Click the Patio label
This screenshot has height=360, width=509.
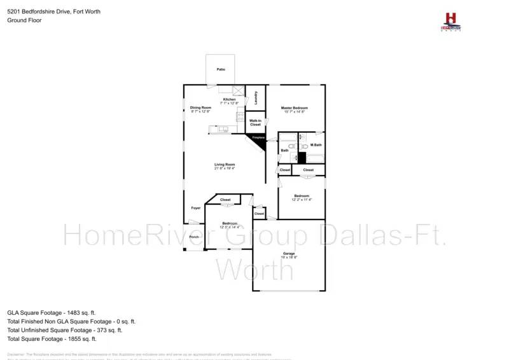coord(221,69)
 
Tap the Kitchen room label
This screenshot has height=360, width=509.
coord(229,99)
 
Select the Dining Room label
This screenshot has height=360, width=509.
coord(200,107)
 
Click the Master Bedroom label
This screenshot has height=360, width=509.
coord(295,108)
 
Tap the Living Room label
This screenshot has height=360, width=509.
coord(225,165)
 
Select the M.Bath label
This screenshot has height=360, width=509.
coord(316,145)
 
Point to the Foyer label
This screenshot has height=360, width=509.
coord(196,208)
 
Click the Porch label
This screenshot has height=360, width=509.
coord(194,237)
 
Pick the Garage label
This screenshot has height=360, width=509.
coord(289,254)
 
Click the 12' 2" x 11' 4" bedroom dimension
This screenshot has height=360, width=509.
coord(301,199)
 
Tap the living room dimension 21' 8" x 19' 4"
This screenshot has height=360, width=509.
coord(225,169)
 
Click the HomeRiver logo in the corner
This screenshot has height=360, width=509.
coord(452,22)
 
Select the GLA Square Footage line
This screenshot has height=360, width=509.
coord(51,313)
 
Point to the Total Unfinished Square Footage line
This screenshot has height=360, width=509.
coord(64,330)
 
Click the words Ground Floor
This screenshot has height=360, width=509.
coord(25,20)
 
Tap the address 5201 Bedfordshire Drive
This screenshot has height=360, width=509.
coord(45,11)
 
